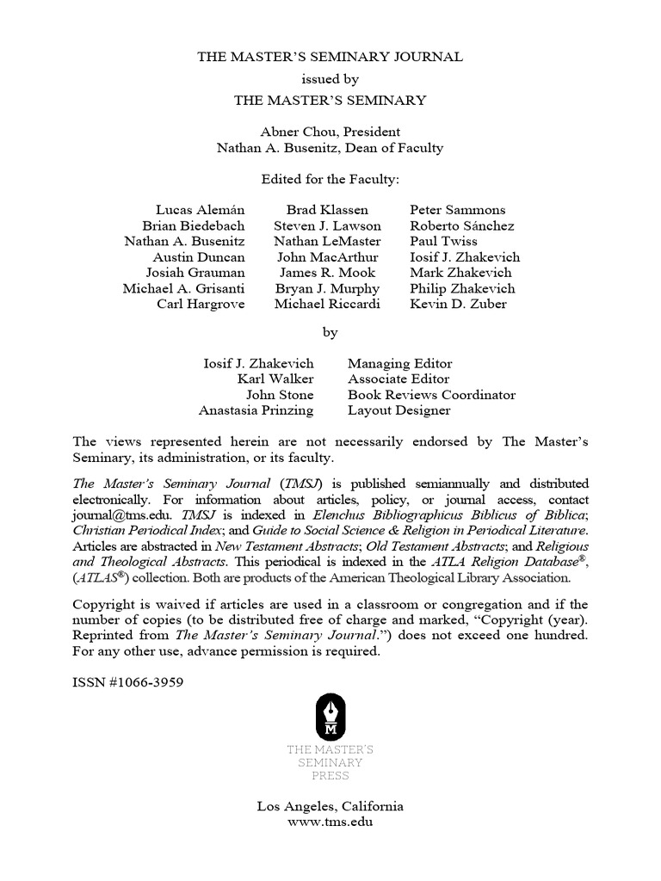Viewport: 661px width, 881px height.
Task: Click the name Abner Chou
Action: point(292,132)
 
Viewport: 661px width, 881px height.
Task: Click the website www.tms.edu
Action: point(330,822)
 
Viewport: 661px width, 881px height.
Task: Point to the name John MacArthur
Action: point(327,256)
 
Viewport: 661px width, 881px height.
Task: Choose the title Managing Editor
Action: point(399,363)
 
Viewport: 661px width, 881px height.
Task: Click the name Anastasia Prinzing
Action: point(256,410)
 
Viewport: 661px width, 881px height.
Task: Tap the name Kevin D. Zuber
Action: point(459,304)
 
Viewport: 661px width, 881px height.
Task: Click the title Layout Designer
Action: point(398,410)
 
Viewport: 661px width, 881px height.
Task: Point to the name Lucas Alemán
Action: point(201,210)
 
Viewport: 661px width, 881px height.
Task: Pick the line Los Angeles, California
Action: point(330,806)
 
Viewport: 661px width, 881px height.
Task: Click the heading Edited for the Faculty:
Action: point(330,179)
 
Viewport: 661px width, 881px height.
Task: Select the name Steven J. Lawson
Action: point(327,225)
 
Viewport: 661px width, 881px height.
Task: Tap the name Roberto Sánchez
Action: point(462,225)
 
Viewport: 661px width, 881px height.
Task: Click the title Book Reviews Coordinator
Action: point(431,395)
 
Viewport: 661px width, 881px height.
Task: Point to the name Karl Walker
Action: point(275,379)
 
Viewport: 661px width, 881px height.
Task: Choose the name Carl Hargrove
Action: point(201,304)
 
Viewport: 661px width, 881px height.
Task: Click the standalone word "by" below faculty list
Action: point(330,331)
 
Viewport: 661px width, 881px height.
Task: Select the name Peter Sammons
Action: point(458,210)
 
